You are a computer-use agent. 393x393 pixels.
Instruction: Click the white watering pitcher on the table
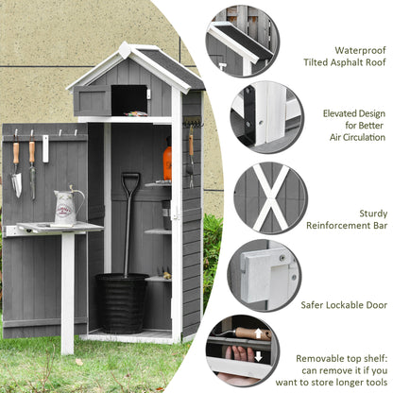[x=67, y=206]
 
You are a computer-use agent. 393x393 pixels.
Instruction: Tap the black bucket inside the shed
[x=122, y=303]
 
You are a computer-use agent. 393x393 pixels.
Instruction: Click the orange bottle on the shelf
[x=167, y=162]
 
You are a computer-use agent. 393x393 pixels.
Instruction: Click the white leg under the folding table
[x=68, y=294]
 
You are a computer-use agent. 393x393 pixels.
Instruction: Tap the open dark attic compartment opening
[x=129, y=100]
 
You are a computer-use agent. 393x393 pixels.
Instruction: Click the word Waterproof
[x=360, y=50]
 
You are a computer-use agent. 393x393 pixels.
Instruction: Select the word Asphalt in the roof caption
[x=348, y=62]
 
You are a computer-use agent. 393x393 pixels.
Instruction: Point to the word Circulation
[x=366, y=138]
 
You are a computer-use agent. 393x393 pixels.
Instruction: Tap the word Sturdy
[x=373, y=214]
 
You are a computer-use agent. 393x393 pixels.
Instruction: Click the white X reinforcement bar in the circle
[x=271, y=197]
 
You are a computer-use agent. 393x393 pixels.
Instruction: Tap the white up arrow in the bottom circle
[x=258, y=333]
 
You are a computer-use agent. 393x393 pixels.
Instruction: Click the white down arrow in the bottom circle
[x=259, y=356]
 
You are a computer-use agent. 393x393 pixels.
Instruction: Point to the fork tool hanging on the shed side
[x=191, y=157]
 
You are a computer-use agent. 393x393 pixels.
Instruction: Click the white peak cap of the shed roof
[x=125, y=50]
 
